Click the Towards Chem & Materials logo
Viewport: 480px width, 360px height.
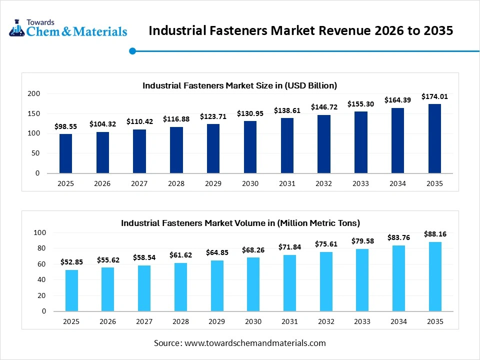pyautogui.click(x=68, y=28)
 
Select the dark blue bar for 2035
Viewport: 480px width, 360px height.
pyautogui.click(x=434, y=138)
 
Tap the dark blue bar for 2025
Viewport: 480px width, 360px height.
pyautogui.click(x=65, y=153)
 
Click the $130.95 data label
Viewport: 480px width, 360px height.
pyautogui.click(x=250, y=113)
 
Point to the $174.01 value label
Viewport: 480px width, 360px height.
pyautogui.click(x=434, y=96)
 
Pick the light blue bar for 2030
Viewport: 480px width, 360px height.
pyautogui.click(x=253, y=284)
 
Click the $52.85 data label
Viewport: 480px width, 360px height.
pyautogui.click(x=71, y=262)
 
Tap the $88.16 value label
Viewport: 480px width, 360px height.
pyautogui.click(x=434, y=233)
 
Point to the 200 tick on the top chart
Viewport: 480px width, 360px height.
pyautogui.click(x=34, y=93)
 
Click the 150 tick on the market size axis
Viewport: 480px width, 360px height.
pyautogui.click(x=34, y=113)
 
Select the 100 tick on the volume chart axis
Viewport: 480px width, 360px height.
pyautogui.click(x=40, y=233)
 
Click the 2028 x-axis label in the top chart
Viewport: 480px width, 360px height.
pyautogui.click(x=176, y=183)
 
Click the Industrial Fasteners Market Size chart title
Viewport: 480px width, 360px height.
pyautogui.click(x=239, y=85)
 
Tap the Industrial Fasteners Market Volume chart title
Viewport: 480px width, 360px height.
pyautogui.click(x=240, y=223)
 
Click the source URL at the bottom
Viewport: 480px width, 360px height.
pyautogui.click(x=255, y=343)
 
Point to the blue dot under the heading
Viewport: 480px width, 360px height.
pyautogui.click(x=132, y=50)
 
